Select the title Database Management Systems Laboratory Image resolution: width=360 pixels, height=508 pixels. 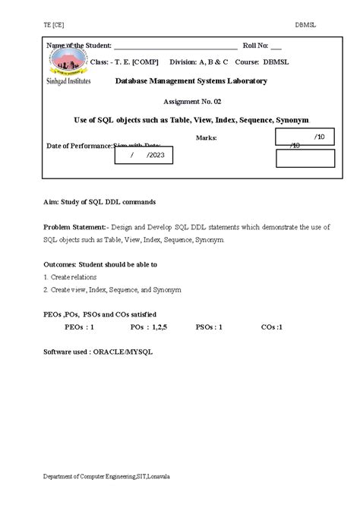point(191,81)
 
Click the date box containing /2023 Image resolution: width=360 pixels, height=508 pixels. point(144,155)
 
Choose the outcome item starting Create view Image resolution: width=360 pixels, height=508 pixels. point(111,289)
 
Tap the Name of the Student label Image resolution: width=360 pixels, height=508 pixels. point(79,46)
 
